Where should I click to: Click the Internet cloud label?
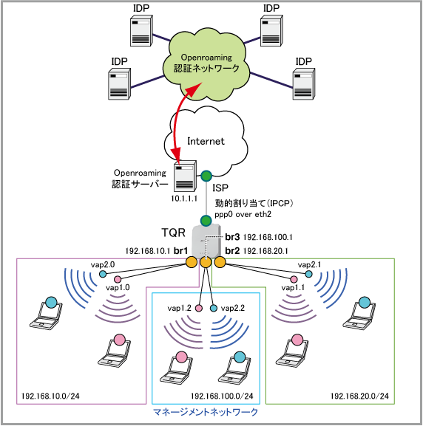point(206,141)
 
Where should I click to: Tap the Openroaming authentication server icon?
point(185,176)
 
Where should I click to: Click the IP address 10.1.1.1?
point(184,199)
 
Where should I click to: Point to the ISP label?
point(220,188)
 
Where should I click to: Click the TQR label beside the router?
point(173,233)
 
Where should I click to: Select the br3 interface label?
point(232,237)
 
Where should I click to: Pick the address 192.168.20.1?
point(265,251)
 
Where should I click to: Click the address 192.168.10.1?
point(148,251)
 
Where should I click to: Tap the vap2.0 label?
point(103,264)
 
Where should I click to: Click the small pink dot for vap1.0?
point(118,279)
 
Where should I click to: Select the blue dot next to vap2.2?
point(214,308)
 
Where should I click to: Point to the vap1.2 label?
point(180,308)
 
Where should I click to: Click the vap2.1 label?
point(309,264)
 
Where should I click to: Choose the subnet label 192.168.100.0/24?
point(222,396)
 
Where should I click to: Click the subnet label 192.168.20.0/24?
point(359,396)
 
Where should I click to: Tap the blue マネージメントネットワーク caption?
point(206,412)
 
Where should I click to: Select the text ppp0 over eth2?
point(243,214)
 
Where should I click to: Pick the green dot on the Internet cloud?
point(206,176)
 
